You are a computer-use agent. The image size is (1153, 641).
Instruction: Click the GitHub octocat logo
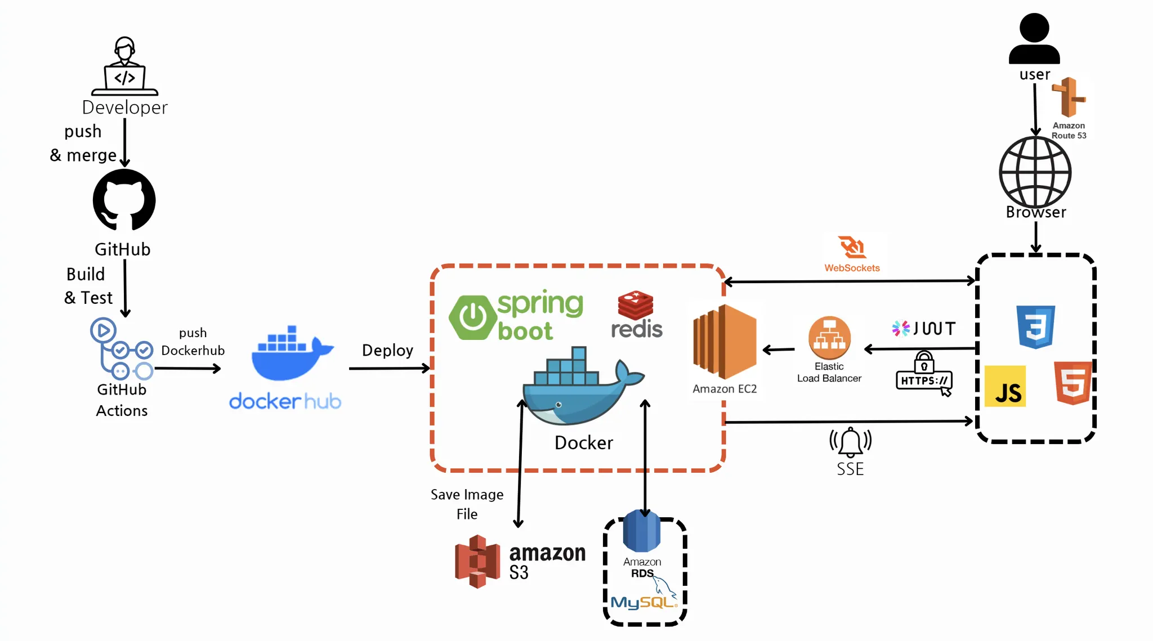click(124, 200)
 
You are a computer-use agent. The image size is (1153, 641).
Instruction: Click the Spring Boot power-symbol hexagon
click(472, 317)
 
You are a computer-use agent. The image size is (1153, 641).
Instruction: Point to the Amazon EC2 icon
click(725, 342)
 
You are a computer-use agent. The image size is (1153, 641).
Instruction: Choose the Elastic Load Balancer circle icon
click(829, 338)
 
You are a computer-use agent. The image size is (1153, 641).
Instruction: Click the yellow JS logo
click(1005, 387)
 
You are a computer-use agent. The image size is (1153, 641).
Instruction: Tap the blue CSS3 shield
click(1035, 327)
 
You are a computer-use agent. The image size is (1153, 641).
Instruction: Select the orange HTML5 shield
click(1073, 383)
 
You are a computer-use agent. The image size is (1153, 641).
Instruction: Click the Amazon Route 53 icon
click(1069, 97)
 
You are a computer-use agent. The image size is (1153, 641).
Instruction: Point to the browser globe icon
click(1035, 172)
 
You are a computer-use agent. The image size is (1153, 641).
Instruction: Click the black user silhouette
click(1034, 38)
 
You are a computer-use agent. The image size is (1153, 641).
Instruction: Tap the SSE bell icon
click(850, 442)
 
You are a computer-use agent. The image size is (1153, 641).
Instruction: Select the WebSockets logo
click(852, 248)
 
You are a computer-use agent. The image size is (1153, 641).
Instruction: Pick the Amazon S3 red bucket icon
click(477, 562)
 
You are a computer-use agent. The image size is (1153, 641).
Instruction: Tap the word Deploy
click(387, 350)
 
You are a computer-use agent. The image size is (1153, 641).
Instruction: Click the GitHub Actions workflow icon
click(121, 349)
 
